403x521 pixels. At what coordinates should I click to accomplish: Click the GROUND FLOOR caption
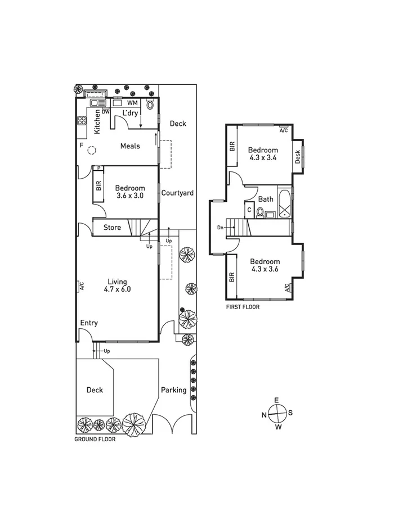pos(95,440)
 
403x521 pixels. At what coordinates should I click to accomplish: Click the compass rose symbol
pos(276,414)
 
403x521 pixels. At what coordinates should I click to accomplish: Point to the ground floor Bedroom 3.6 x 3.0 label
pos(131,192)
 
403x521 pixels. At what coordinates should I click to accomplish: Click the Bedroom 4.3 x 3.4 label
pos(263,154)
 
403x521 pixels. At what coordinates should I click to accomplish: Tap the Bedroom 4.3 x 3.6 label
pos(265,265)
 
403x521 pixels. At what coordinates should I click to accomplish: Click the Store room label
pos(113,228)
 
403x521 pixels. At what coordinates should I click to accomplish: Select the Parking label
pos(173,390)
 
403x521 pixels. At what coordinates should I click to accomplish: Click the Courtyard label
pos(177,193)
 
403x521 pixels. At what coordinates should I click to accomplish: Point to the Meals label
pos(130,146)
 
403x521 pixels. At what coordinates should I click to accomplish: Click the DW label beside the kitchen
pos(105,111)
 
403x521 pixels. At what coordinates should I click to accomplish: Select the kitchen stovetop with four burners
pos(82,120)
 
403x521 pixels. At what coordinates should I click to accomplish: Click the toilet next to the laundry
pos(150,105)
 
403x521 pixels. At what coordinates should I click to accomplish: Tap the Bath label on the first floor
pos(266,199)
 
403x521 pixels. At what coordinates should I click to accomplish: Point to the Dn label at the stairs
pos(221,228)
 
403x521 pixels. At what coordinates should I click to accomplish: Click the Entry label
pos(89,323)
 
